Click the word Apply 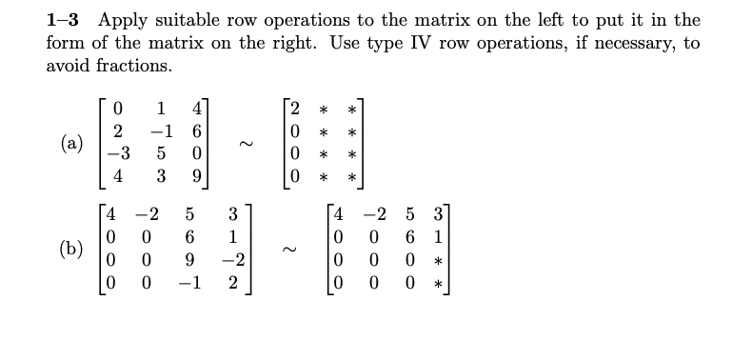pos(123,20)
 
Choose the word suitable pos(199,20)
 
